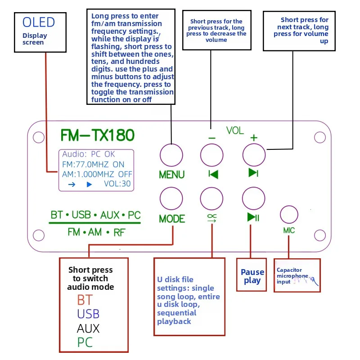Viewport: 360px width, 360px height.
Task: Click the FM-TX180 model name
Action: tap(97, 135)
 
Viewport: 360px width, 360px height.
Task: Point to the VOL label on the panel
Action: tap(235, 130)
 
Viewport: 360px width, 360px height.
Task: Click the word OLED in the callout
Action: tap(39, 22)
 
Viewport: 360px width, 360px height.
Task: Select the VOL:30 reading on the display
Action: tap(117, 184)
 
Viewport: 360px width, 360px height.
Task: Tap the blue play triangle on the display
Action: tap(89, 184)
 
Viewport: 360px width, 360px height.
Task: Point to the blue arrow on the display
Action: tap(72, 184)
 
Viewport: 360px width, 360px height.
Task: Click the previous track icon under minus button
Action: tap(213, 174)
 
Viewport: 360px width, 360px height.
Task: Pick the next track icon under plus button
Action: tap(253, 173)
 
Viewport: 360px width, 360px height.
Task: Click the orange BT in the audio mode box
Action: tap(85, 300)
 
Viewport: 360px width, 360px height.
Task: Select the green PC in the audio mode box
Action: tap(85, 342)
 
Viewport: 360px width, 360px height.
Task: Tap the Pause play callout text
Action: tap(252, 276)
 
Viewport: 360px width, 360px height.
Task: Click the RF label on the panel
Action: tap(119, 233)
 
